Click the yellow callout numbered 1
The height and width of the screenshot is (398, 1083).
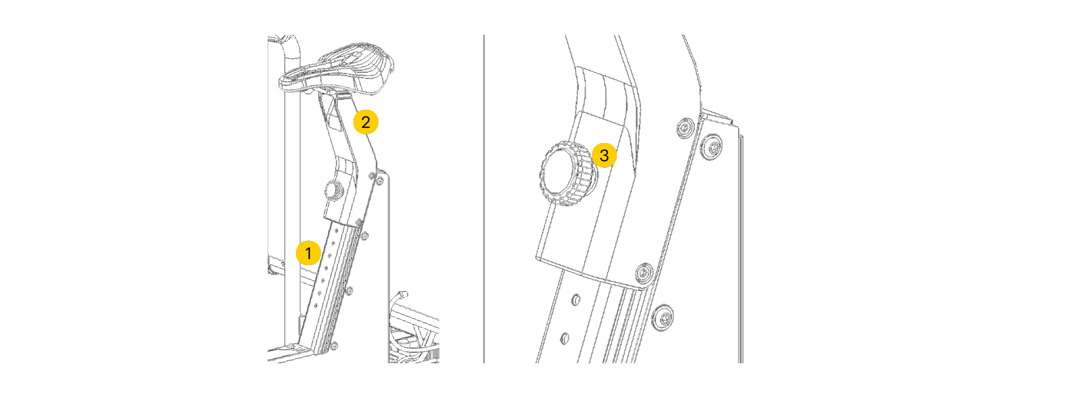[308, 253]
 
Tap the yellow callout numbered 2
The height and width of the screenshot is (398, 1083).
[365, 122]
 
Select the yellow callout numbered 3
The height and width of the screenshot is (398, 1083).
[604, 155]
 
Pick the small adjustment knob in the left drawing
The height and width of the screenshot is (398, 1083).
[334, 191]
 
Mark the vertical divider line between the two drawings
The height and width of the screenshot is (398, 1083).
[484, 199]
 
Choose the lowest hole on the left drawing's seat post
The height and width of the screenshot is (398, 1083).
[315, 306]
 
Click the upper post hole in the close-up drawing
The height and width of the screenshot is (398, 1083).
[576, 300]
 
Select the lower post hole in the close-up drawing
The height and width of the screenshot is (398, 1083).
[565, 338]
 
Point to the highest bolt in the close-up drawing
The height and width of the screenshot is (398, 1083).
[686, 128]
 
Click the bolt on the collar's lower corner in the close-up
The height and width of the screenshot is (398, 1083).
[643, 273]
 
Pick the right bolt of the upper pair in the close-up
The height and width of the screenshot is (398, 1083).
[712, 147]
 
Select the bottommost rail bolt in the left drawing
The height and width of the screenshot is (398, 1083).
[334, 346]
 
